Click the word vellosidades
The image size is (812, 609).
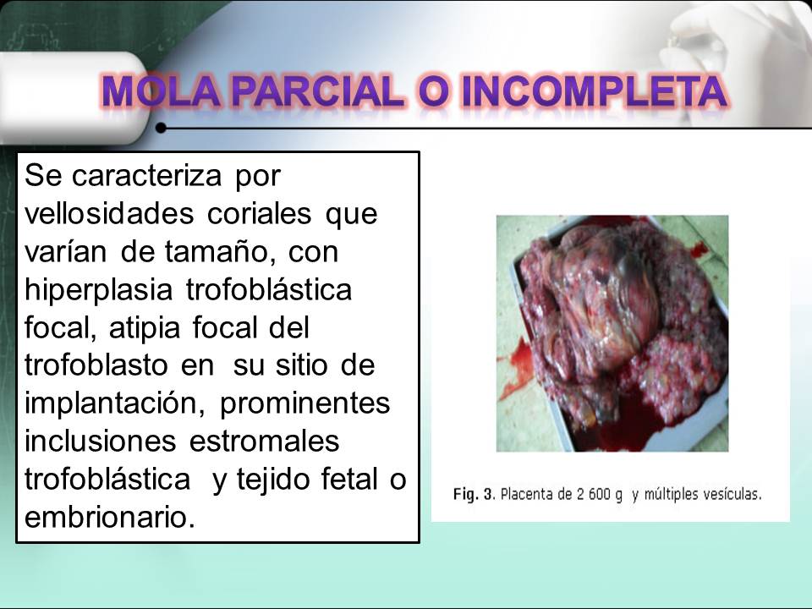(110, 214)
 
